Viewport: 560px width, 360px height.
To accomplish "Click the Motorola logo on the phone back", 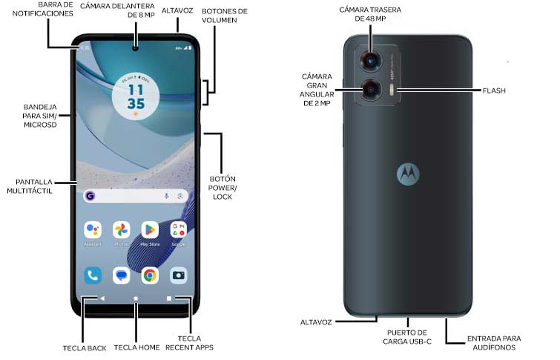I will tap(407, 172).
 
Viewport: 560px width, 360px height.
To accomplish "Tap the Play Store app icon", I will tap(150, 230).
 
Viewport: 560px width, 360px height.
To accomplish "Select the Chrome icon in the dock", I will tap(150, 276).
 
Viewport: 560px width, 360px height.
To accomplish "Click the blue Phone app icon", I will tap(93, 276).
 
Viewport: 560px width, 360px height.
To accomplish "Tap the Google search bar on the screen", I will tap(136, 196).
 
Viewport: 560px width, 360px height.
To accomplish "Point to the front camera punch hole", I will tap(136, 50).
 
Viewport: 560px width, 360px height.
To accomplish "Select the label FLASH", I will tap(494, 91).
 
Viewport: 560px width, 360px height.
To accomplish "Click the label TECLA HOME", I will tap(136, 347).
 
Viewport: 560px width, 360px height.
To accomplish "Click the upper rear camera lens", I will tap(369, 62).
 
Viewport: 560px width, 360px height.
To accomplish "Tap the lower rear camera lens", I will tap(369, 90).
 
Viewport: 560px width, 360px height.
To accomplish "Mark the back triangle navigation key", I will tap(102, 298).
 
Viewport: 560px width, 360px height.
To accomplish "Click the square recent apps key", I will tap(169, 298).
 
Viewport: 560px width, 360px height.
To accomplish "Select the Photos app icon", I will tap(121, 230).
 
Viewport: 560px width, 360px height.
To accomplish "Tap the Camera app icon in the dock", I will tap(178, 276).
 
